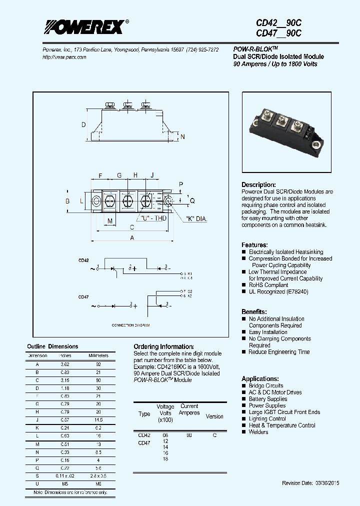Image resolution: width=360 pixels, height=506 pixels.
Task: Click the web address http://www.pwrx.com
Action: (64, 57)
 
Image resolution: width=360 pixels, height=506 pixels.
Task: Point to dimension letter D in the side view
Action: (84, 125)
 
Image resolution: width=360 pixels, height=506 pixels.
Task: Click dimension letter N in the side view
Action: (182, 137)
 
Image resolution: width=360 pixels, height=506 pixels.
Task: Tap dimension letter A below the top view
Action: (132, 238)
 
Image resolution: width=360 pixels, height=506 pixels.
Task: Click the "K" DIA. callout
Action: (196, 219)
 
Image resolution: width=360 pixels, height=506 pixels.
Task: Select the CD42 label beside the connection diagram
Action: (83, 260)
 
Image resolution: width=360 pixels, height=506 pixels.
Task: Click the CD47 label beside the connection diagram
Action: (83, 297)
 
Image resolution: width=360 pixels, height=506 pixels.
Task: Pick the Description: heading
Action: (258, 184)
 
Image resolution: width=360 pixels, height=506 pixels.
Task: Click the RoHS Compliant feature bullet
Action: (268, 285)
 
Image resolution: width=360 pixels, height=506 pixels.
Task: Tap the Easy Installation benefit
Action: (268, 332)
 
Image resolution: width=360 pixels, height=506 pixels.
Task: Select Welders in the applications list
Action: (258, 432)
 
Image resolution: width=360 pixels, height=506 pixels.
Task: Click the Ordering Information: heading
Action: (163, 346)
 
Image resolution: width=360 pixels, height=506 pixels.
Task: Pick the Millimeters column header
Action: (98, 355)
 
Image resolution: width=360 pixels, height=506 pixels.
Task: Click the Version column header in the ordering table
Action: (214, 416)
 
